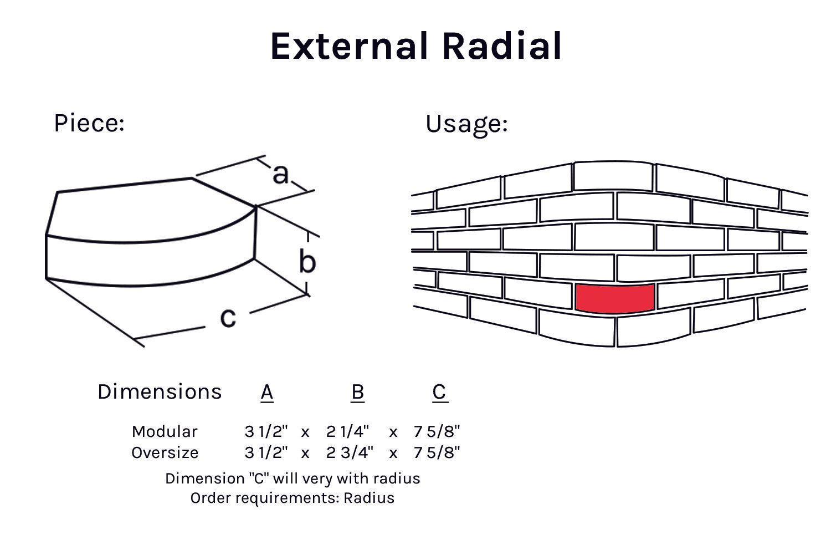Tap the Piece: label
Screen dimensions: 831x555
[x=89, y=123]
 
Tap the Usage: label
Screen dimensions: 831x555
[x=466, y=125]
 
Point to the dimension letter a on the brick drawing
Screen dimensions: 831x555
[x=280, y=174]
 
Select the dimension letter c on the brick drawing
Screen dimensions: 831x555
[x=228, y=317]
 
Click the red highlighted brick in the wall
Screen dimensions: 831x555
[x=615, y=298]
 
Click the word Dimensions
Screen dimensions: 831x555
[x=160, y=392]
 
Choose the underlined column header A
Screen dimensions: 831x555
[x=267, y=393]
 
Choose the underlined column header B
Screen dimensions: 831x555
[x=358, y=393]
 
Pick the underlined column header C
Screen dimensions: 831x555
[x=440, y=393]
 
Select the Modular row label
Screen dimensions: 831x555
[x=165, y=432]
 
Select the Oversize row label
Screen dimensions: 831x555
[x=165, y=453]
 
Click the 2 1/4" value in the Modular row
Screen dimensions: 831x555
[x=347, y=432]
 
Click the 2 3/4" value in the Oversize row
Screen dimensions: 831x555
[x=350, y=453]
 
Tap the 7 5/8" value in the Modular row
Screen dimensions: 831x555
[x=437, y=432]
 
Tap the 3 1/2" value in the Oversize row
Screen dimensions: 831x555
[x=266, y=453]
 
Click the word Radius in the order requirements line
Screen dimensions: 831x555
[x=369, y=498]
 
